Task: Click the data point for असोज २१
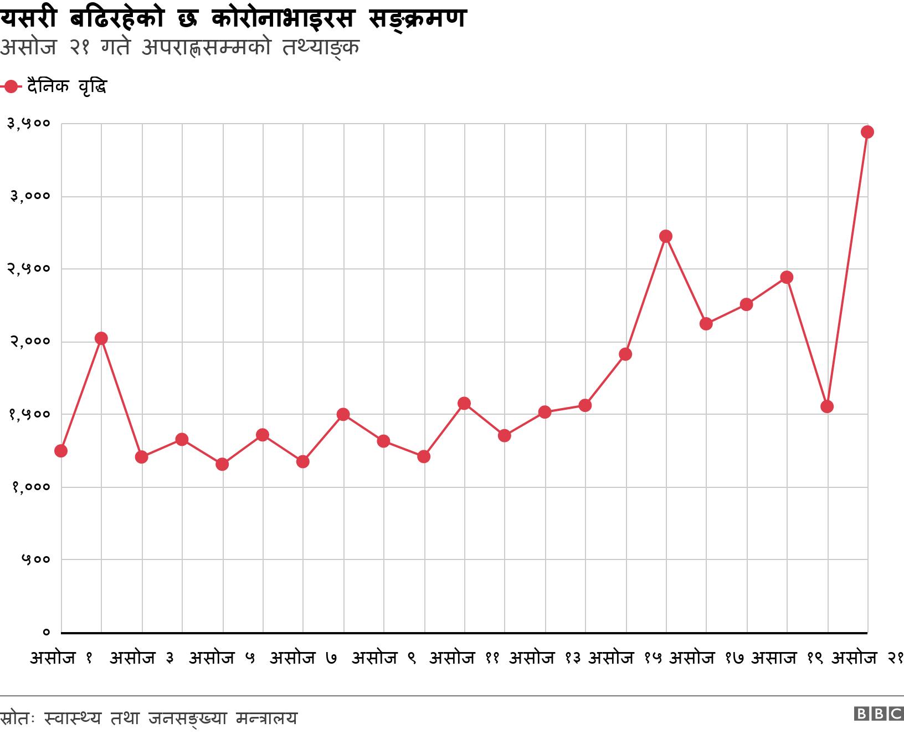[867, 132]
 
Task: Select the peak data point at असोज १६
[666, 237]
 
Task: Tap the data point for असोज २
[101, 338]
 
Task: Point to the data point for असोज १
[61, 451]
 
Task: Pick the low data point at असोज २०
[827, 406]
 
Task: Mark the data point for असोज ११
[464, 403]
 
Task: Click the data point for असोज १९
[787, 277]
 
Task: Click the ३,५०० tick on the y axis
[28, 124]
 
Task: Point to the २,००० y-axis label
[28, 342]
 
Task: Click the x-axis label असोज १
[61, 659]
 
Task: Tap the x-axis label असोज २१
[867, 659]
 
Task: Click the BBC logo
[879, 714]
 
